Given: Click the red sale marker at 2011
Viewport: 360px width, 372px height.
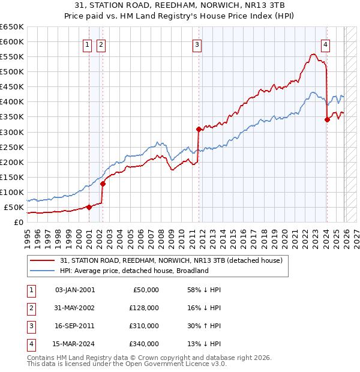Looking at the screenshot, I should [x=199, y=129].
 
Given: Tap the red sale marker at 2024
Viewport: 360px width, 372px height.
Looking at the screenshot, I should [x=327, y=119].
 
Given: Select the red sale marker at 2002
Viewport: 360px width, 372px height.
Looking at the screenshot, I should [x=103, y=184].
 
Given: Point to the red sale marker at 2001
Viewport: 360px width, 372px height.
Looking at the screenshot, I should [x=89, y=207].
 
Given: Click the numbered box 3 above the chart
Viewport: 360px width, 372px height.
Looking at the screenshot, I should [x=197, y=44].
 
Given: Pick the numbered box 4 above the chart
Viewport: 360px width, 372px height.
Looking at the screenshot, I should [x=325, y=44].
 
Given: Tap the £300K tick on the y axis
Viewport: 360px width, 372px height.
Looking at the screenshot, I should [x=12, y=132].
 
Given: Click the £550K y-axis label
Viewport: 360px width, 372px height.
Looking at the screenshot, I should [x=12, y=57].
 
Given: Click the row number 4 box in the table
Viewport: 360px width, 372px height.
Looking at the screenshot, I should [x=29, y=344].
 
